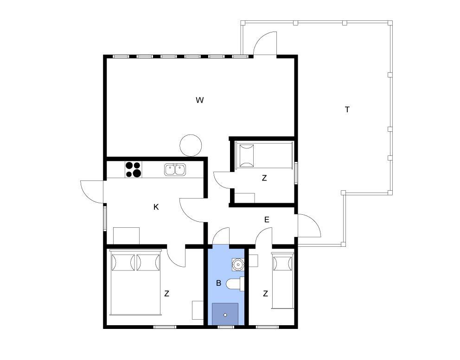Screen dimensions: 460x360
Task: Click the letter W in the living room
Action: tap(199, 100)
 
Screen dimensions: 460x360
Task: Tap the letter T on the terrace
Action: tap(347, 110)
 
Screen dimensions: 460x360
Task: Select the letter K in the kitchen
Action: tap(156, 207)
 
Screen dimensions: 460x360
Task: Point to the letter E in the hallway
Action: tap(267, 219)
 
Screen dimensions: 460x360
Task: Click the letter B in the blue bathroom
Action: tap(218, 283)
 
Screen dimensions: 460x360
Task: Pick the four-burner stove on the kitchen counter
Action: tap(134, 170)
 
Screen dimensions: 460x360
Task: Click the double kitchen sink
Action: tap(175, 170)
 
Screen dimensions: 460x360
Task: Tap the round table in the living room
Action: tap(191, 146)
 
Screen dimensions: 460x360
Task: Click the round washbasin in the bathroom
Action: tap(238, 264)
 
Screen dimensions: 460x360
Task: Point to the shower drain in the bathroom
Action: tap(225, 315)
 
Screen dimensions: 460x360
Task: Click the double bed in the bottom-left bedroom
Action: tap(135, 282)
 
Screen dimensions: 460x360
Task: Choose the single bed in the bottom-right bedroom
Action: tap(283, 280)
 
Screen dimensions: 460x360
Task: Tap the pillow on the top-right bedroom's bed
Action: tap(246, 155)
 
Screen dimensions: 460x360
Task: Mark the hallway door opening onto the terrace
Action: tap(309, 225)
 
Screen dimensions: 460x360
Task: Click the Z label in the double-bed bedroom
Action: tap(166, 293)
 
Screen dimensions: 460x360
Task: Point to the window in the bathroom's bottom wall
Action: tap(226, 327)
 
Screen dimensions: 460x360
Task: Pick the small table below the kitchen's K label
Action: tap(126, 236)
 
